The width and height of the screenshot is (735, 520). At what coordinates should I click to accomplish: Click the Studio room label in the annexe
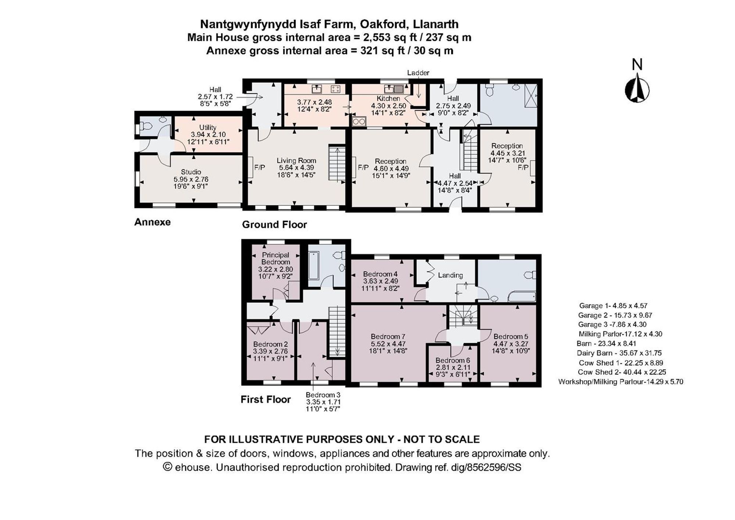[x=191, y=172]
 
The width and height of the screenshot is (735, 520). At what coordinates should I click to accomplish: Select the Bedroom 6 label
[x=452, y=361]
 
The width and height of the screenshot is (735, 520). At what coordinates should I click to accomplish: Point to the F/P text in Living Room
[x=259, y=168]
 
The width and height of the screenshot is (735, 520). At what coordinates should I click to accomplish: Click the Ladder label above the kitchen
[x=418, y=73]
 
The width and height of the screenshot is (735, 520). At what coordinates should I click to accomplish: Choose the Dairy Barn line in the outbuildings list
[x=619, y=353]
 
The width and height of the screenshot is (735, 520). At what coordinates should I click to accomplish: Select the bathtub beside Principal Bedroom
[x=313, y=265]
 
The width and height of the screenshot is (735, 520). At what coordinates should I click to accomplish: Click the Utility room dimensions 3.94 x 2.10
[x=208, y=135]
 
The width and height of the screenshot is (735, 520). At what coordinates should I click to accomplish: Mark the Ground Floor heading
[x=274, y=225]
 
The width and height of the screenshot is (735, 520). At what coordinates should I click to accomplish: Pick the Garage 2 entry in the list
[x=615, y=315]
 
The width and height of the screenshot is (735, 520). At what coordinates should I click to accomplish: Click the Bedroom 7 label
[x=388, y=337]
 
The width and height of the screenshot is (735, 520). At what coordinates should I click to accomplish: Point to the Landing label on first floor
[x=450, y=275]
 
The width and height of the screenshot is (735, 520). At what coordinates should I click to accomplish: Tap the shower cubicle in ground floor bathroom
[x=530, y=95]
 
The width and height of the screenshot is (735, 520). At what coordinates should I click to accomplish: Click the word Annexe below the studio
[x=152, y=222]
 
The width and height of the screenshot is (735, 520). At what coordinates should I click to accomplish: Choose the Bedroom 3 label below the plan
[x=323, y=395]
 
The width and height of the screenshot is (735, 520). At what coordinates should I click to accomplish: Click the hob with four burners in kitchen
[x=336, y=89]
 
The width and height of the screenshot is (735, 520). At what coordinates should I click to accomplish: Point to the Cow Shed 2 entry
[x=621, y=372]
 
